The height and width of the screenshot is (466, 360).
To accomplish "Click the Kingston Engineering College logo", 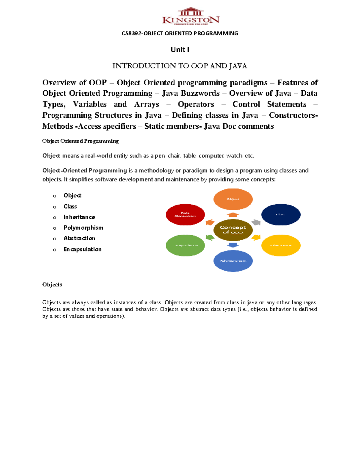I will (190, 16).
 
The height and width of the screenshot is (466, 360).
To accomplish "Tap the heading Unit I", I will (180, 50).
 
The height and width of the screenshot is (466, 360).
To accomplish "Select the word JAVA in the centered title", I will (238, 66).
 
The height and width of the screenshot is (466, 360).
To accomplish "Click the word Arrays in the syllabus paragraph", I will (146, 104).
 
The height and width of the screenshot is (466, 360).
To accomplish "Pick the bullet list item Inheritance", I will (79, 217).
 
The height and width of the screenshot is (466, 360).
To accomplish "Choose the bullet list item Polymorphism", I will (83, 228).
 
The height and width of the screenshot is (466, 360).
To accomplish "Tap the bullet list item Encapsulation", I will (82, 249).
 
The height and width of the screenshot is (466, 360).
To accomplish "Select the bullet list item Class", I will (70, 206).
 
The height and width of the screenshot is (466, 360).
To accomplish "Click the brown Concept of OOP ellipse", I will (233, 230).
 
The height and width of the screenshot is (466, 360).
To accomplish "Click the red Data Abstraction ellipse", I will (185, 215).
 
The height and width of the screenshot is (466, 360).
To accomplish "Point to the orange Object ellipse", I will (233, 199).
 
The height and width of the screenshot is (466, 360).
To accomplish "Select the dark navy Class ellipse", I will (281, 215).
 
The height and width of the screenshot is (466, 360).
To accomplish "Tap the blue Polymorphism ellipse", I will (233, 260).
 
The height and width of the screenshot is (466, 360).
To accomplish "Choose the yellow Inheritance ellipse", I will (281, 245).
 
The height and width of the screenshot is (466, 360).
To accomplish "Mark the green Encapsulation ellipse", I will (185, 245).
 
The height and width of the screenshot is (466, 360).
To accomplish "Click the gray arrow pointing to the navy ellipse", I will (256, 222).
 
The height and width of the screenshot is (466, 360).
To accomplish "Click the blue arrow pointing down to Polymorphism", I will (233, 245).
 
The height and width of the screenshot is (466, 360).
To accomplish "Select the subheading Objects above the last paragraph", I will (52, 284).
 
